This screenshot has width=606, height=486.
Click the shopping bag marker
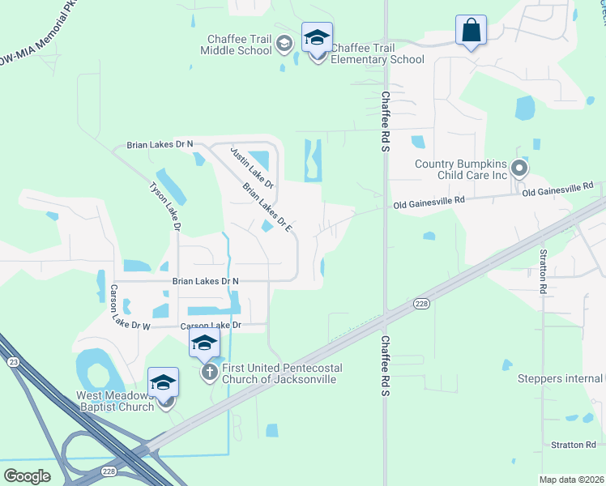[x=471, y=31]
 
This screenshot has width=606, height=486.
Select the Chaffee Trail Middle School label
[x=237, y=44]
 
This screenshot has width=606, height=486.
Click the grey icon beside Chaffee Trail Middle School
[x=284, y=44]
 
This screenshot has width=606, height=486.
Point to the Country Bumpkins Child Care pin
[x=520, y=169]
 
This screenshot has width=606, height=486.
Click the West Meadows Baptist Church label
[x=115, y=401]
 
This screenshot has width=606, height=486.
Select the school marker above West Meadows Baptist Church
[x=163, y=382]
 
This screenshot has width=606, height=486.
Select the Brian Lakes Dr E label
[x=267, y=207]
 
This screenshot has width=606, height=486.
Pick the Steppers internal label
[x=560, y=378]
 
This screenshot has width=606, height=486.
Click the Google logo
[x=28, y=475]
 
